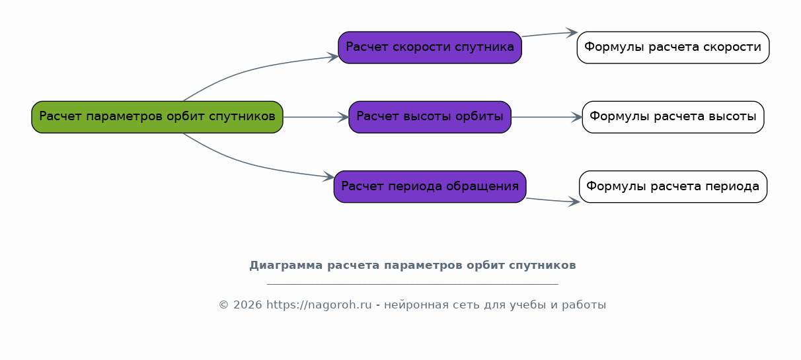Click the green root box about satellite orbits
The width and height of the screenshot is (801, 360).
[157, 117]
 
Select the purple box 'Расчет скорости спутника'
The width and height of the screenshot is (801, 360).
[430, 48]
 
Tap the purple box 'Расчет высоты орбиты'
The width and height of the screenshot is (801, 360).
[430, 117]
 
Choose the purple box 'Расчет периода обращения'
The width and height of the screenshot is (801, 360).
[430, 187]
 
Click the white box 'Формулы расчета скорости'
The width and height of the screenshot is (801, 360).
[673, 48]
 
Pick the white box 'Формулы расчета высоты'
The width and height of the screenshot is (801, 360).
[673, 117]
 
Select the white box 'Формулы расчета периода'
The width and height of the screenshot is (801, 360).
[673, 187]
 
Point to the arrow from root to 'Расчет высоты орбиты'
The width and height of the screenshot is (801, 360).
[316, 117]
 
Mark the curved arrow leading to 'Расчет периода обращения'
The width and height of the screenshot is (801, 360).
[250, 164]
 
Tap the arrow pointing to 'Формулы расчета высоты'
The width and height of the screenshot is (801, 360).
[547, 117]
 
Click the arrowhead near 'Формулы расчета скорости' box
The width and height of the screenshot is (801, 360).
[572, 32]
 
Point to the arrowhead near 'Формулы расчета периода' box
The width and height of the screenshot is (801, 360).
[574, 201]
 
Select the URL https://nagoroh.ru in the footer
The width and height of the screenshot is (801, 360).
[319, 305]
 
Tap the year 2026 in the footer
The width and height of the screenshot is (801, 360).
[247, 305]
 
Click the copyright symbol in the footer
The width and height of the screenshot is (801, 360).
[224, 305]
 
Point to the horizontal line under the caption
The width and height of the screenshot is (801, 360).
[412, 284]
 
